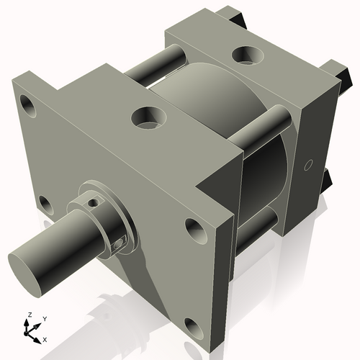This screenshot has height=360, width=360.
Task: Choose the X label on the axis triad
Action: (x=45, y=338)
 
